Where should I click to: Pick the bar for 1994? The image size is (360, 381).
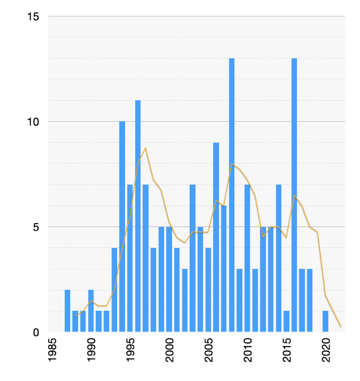pos(122,226)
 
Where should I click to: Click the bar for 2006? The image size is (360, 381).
pos(216,237)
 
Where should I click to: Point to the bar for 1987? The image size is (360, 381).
pos(67,311)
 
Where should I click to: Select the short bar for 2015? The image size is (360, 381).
pos(286,322)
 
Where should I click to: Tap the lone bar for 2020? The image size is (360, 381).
pos(325,322)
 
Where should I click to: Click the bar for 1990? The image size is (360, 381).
pos(91,311)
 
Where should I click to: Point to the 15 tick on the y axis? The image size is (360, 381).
pos(33,16)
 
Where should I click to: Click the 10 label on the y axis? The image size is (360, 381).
pos(33,122)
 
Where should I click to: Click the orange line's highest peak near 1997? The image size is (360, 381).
pos(145,148)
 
